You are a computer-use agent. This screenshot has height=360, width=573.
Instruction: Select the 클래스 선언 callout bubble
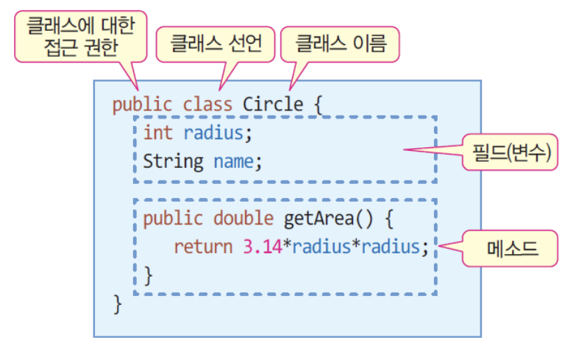tap(215, 46)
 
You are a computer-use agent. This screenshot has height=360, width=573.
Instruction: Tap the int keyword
tap(158, 133)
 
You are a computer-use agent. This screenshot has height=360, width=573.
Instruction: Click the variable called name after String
tap(233, 160)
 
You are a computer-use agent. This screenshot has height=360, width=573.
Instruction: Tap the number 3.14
tap(262, 246)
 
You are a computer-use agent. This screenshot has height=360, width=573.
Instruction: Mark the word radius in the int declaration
tap(213, 133)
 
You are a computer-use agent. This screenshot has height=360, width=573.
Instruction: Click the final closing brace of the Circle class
tap(117, 303)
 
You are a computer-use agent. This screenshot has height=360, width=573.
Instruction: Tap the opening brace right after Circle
tap(318, 105)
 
